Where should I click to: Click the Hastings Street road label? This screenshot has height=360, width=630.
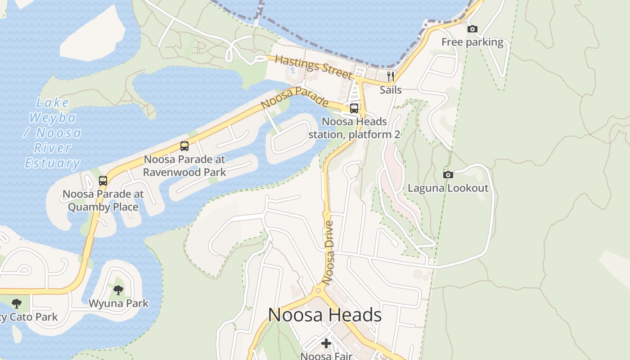click(x=313, y=67)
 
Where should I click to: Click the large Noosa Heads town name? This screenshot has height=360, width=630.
click(x=324, y=315)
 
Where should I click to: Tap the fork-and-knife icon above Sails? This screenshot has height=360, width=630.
click(x=391, y=76)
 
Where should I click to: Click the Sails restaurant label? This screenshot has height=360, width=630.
click(x=391, y=90)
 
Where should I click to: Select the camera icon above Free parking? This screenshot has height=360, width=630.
click(x=472, y=29)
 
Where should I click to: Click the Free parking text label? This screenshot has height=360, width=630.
click(x=472, y=42)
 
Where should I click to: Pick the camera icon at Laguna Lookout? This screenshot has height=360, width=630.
click(x=448, y=175)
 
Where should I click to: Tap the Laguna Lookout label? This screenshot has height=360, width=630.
click(x=448, y=188)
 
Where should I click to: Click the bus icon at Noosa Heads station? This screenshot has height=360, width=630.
click(x=354, y=108)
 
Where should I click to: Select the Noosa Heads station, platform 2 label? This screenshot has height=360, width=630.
click(x=354, y=128)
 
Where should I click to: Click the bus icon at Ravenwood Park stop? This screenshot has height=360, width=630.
click(x=184, y=146)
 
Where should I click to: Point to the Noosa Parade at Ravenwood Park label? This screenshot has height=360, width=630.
click(x=184, y=166)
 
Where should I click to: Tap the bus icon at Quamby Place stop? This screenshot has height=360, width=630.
click(x=103, y=181)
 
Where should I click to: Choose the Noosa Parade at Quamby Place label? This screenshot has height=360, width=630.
click(x=103, y=200)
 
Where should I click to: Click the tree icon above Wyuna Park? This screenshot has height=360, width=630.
click(x=118, y=290)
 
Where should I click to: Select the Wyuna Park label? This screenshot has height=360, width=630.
click(x=118, y=303)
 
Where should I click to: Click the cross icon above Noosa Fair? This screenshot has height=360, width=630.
click(x=326, y=344)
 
